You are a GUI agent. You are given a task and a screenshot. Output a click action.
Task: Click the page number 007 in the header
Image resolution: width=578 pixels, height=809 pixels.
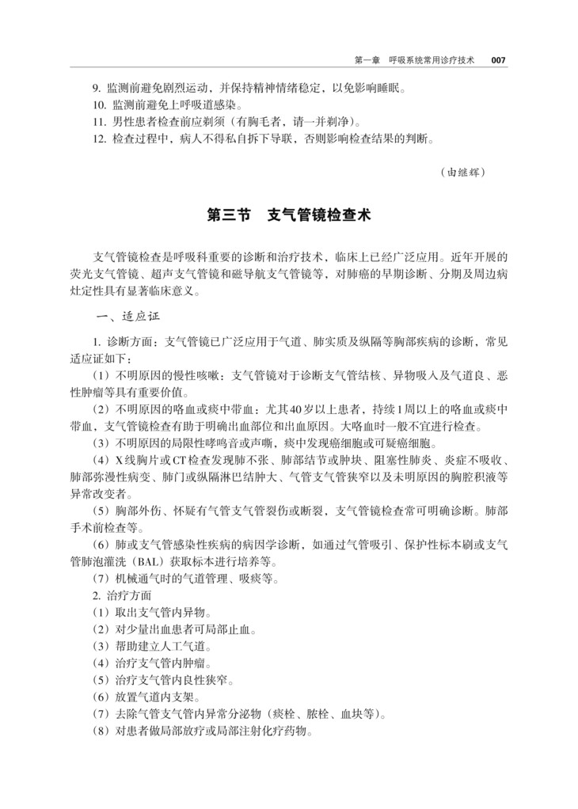tap(497, 59)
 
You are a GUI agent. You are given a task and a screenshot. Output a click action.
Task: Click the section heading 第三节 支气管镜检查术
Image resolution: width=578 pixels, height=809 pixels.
tap(288, 215)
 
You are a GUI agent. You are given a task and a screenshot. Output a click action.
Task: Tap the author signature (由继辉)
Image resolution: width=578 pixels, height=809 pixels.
tap(462, 171)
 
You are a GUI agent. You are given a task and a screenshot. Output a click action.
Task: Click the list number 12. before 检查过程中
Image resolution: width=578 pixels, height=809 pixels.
tap(99, 139)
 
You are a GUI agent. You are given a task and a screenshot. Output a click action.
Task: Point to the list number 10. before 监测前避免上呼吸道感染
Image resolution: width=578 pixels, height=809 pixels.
tap(99, 104)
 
